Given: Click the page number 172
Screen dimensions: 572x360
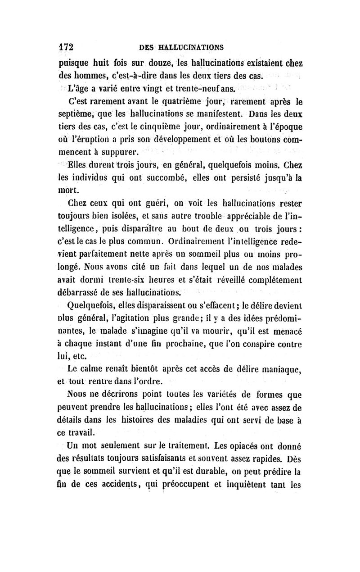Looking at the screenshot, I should tap(66, 47).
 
